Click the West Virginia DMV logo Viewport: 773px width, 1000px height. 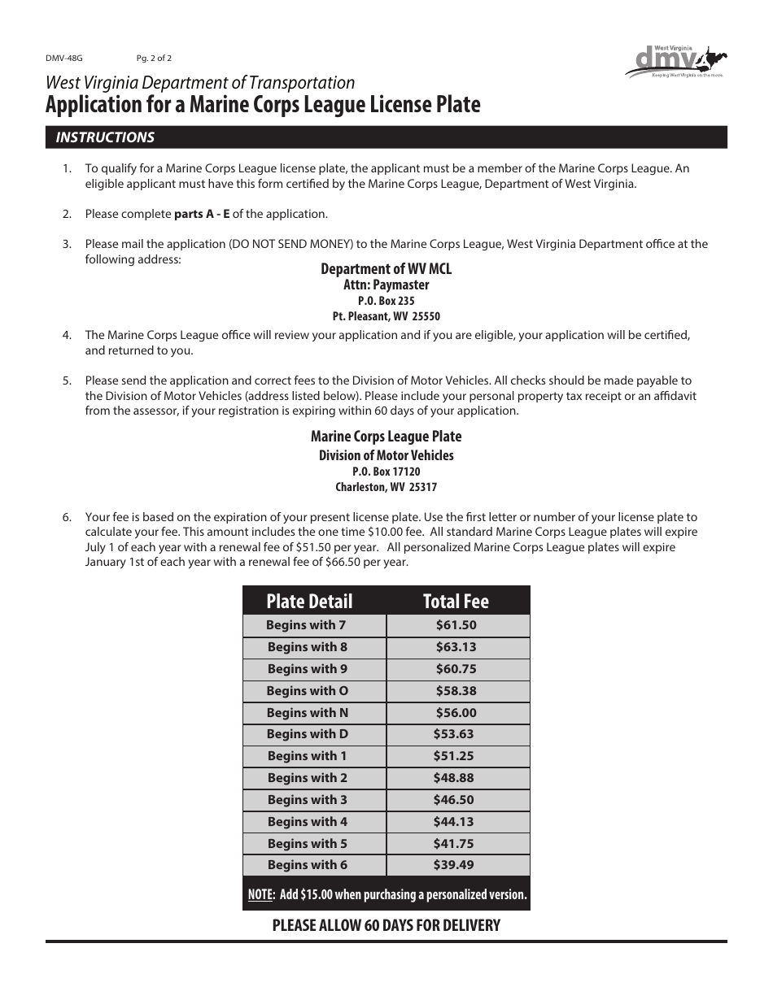pyautogui.click(x=675, y=62)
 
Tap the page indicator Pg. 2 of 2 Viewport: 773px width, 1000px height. pyautogui.click(x=154, y=59)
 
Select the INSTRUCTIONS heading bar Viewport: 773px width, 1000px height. pyautogui.click(x=386, y=137)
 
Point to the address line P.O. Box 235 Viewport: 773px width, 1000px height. pyautogui.click(x=386, y=301)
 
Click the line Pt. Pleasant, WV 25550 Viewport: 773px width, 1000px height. pyautogui.click(x=386, y=316)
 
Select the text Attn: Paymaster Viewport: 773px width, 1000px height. pyautogui.click(x=386, y=285)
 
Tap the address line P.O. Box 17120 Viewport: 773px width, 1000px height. pyautogui.click(x=386, y=472)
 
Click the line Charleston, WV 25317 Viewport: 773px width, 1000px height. pyautogui.click(x=386, y=488)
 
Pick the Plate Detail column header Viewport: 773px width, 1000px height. pyautogui.click(x=309, y=602)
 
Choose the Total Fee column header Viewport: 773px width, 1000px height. pyautogui.click(x=456, y=602)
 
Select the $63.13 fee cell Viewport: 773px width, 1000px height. pyautogui.click(x=456, y=647)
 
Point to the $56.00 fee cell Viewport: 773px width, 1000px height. pyautogui.click(x=456, y=713)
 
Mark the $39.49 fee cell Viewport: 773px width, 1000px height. pyautogui.click(x=453, y=865)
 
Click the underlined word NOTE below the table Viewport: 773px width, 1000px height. pyautogui.click(x=260, y=895)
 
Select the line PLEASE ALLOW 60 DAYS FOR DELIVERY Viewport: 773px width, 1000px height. pyautogui.click(x=386, y=925)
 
